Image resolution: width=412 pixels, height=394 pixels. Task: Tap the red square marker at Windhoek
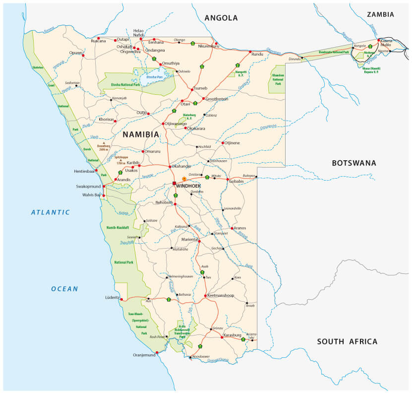[x=174, y=183]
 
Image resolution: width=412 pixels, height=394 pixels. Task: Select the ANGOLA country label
[x=221, y=18]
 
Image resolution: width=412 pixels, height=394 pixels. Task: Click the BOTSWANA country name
[x=354, y=163]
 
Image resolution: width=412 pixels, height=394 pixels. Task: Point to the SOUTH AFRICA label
[x=347, y=341]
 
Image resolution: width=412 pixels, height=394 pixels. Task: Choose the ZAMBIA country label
[x=380, y=14]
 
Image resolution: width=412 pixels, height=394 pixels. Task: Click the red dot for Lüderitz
[x=121, y=299]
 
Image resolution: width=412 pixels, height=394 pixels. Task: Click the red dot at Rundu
[x=250, y=53]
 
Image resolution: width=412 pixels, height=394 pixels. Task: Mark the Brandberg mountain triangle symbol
[x=104, y=143]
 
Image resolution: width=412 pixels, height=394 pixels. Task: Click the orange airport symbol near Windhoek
[x=184, y=179]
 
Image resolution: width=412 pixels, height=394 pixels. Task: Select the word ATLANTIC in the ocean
[x=51, y=212]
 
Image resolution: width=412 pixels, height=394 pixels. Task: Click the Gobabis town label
[x=235, y=181]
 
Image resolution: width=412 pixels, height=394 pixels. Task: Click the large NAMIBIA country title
[x=141, y=134]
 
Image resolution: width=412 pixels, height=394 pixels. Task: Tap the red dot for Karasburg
[x=221, y=337]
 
